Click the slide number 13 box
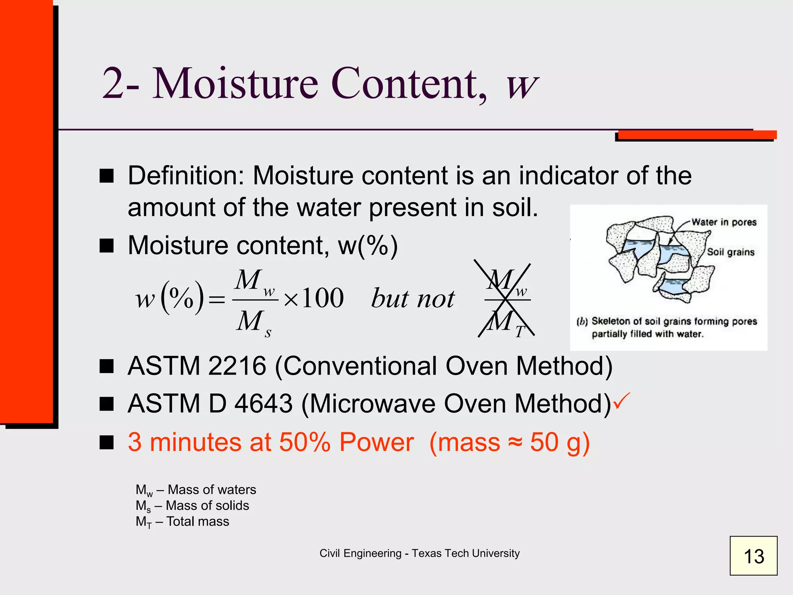[753, 555]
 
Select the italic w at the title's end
[522, 85]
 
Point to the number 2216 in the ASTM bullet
[237, 366]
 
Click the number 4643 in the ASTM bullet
[263, 404]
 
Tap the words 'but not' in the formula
[413, 299]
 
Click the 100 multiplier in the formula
[323, 298]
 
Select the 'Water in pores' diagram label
[724, 222]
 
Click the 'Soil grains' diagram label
[731, 252]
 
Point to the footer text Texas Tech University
[465, 553]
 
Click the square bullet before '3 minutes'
[106, 442]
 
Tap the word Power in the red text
[376, 442]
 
